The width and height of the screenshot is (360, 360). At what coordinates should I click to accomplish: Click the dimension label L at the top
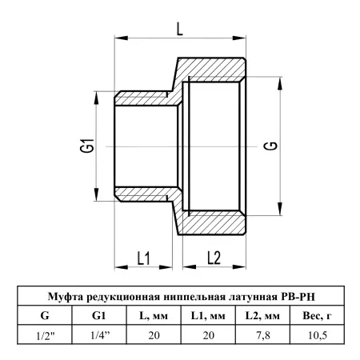pyautogui.click(x=180, y=29)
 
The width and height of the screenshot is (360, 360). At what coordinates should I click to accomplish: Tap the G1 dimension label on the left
pyautogui.click(x=87, y=146)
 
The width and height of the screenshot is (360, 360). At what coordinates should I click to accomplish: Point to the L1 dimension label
pyautogui.click(x=144, y=258)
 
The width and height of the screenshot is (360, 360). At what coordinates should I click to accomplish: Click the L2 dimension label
pyautogui.click(x=214, y=258)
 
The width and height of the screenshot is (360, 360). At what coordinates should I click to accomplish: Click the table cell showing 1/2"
pyautogui.click(x=46, y=335)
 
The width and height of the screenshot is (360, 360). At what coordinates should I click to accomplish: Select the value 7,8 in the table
pyautogui.click(x=263, y=335)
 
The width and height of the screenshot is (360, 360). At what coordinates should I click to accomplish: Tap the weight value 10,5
pyautogui.click(x=318, y=335)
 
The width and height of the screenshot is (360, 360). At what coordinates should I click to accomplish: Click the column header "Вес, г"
pyautogui.click(x=317, y=316)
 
